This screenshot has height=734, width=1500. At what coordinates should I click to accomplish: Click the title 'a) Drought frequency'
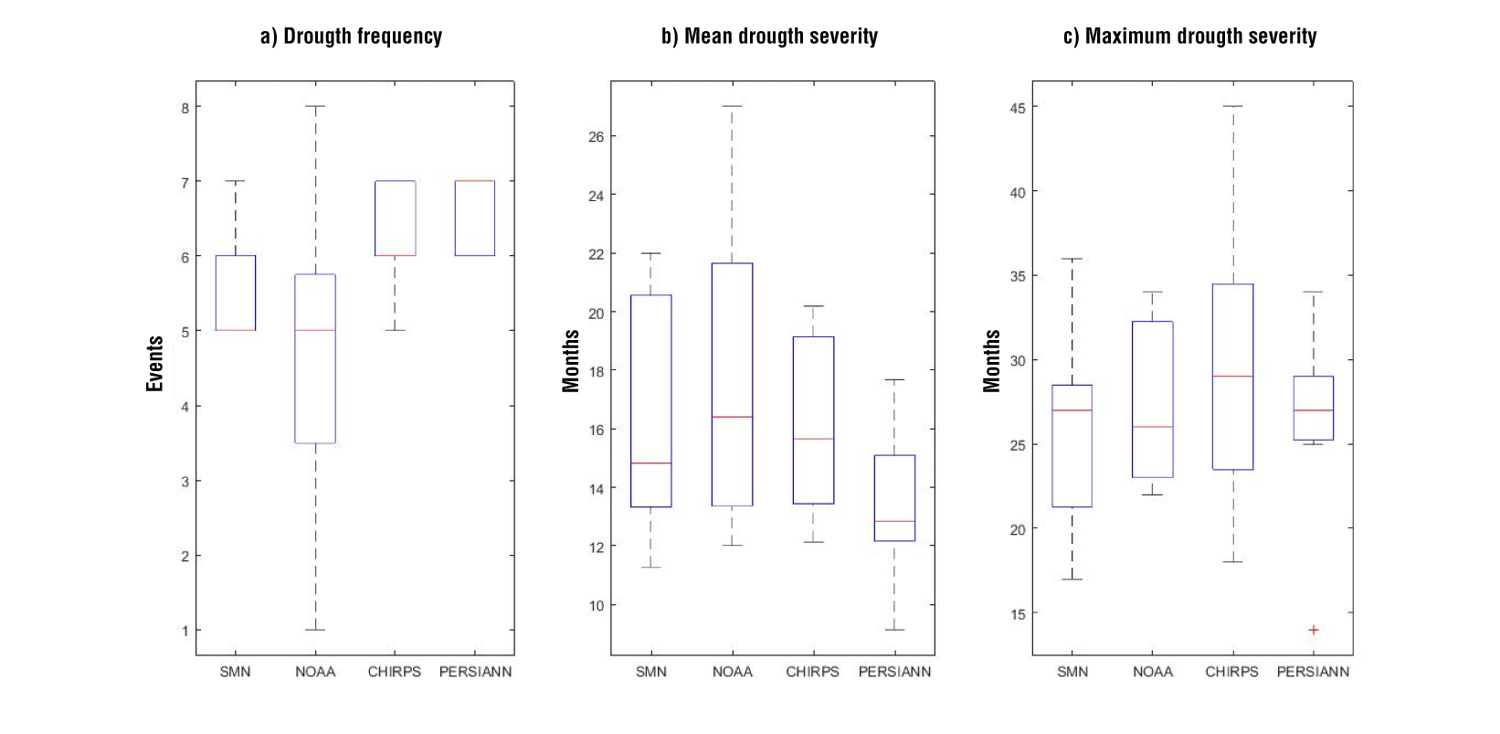pyautogui.click(x=351, y=37)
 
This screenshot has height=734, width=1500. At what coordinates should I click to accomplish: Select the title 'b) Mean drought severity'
pyautogui.click(x=769, y=37)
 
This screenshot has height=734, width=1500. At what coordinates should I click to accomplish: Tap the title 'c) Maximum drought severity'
pyautogui.click(x=1189, y=37)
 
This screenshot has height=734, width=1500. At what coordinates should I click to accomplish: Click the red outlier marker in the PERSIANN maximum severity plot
pyautogui.click(x=1314, y=630)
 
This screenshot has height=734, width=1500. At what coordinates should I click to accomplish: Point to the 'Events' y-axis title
pyautogui.click(x=155, y=364)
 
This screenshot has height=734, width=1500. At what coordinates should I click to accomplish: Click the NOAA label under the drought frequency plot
pyautogui.click(x=315, y=672)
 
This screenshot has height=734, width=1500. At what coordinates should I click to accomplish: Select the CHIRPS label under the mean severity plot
pyautogui.click(x=812, y=672)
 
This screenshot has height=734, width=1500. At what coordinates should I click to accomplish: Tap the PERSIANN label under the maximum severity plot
pyautogui.click(x=1313, y=672)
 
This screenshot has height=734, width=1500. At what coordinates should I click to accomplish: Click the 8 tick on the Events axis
pyautogui.click(x=185, y=108)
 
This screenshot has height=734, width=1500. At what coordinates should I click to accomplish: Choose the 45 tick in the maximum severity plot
pyautogui.click(x=1018, y=108)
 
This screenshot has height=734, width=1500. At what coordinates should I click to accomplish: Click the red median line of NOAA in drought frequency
pyautogui.click(x=315, y=330)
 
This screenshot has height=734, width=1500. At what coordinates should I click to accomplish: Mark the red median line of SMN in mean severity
pyautogui.click(x=651, y=463)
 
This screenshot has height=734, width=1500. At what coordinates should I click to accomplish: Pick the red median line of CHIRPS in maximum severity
pyautogui.click(x=1233, y=377)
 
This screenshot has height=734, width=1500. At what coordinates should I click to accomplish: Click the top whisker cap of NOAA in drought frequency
pyautogui.click(x=315, y=106)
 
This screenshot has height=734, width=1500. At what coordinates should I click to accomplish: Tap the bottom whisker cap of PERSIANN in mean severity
pyautogui.click(x=894, y=630)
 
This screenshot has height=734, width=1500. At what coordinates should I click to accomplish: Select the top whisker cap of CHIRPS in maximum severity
pyautogui.click(x=1233, y=106)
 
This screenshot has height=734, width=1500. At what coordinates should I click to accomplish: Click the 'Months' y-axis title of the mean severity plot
pyautogui.click(x=572, y=361)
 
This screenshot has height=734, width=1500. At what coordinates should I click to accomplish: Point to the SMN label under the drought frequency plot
pyautogui.click(x=235, y=672)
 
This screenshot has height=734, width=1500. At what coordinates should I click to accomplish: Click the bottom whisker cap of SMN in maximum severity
pyautogui.click(x=1072, y=580)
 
